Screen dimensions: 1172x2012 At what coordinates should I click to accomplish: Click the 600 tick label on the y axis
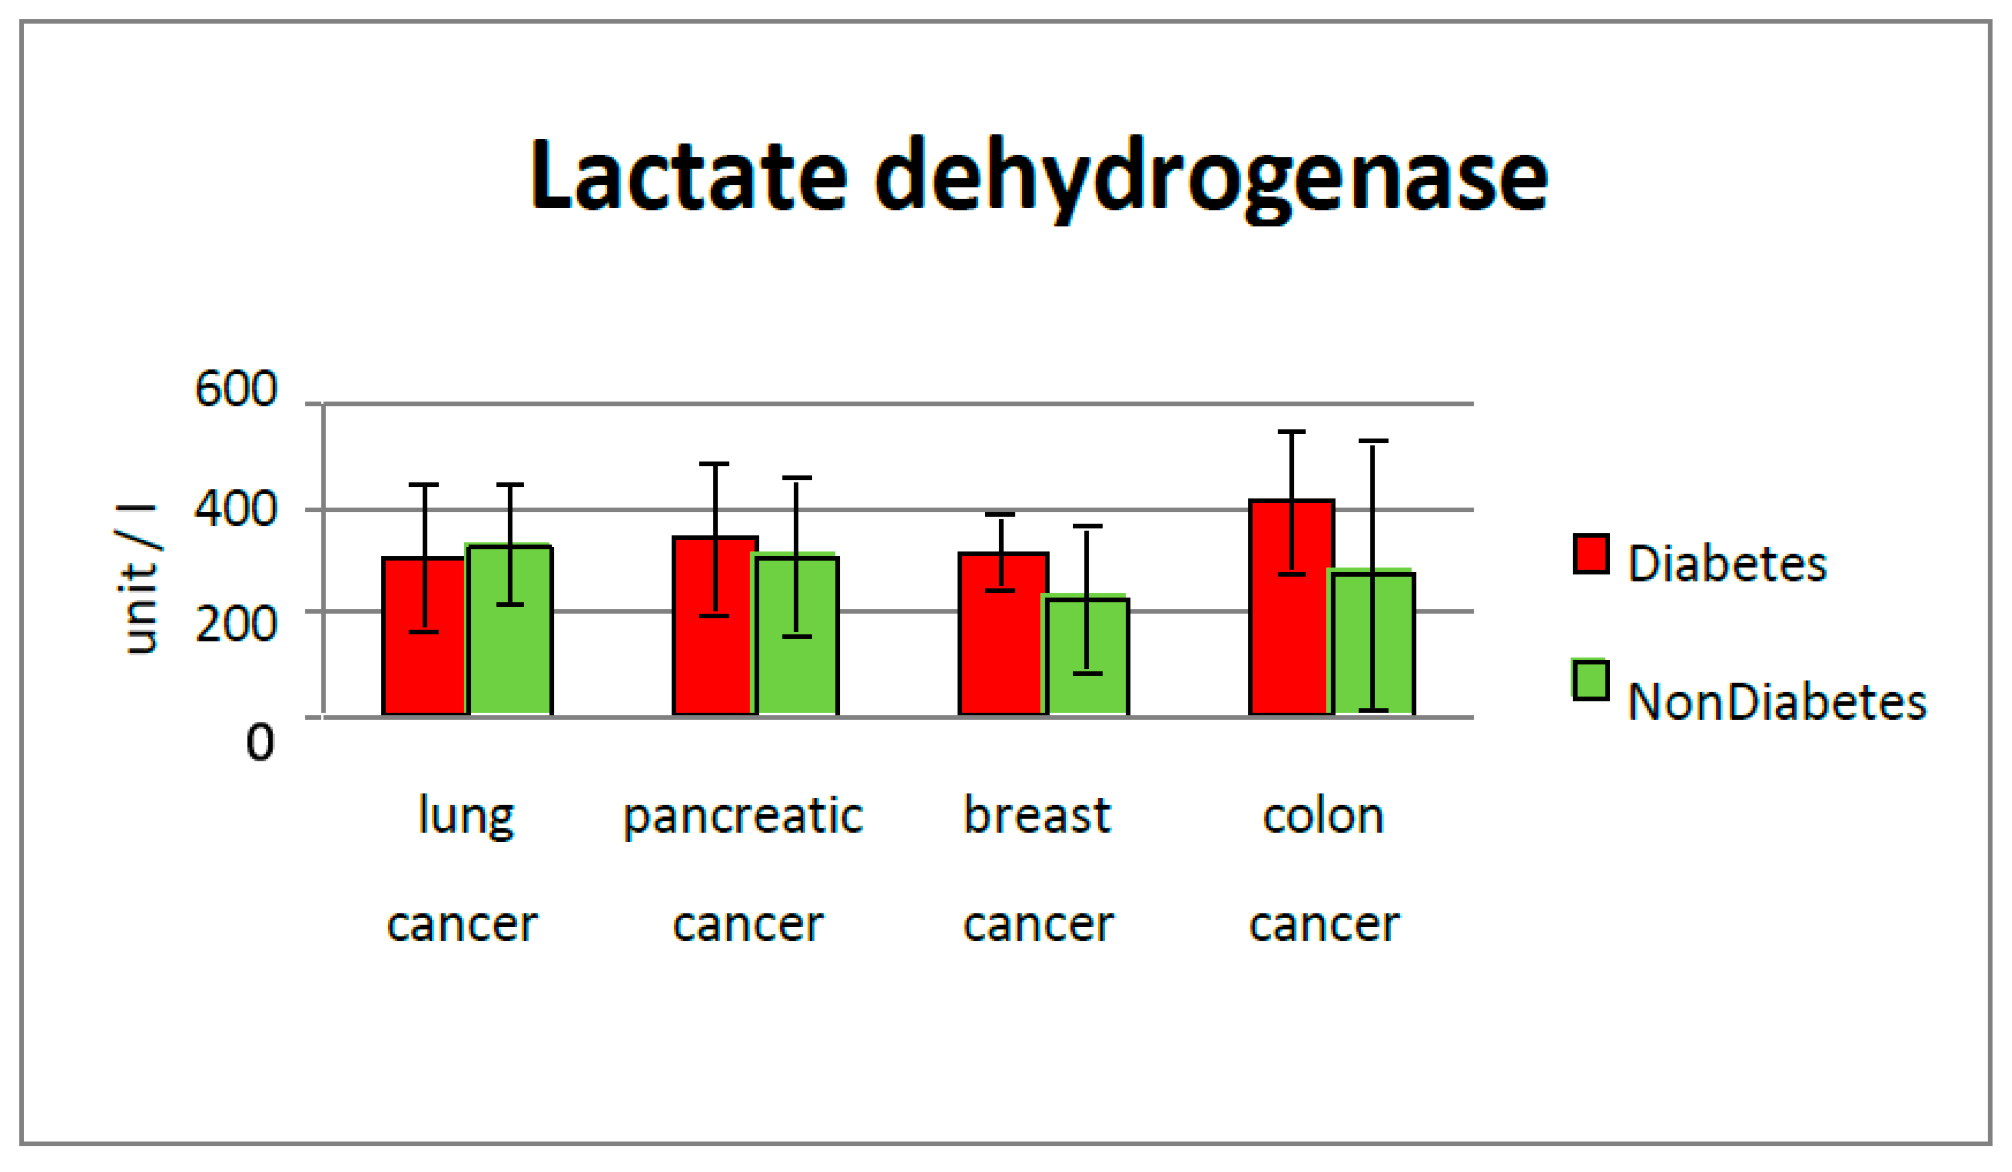[236, 390]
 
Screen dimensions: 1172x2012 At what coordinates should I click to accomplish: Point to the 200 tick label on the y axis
[236, 624]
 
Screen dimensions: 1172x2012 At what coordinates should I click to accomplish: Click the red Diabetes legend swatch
[1590, 554]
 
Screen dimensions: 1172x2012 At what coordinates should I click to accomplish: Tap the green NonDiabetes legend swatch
[1590, 680]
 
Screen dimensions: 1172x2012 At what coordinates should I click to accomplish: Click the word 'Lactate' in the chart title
[689, 176]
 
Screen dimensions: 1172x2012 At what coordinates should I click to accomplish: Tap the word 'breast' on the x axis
[1037, 815]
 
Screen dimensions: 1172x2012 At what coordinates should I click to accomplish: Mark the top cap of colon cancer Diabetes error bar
[1291, 432]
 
